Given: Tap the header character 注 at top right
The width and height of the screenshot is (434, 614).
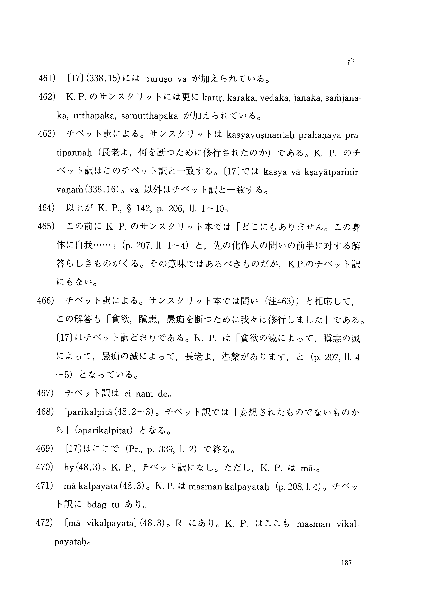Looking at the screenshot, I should [x=351, y=62].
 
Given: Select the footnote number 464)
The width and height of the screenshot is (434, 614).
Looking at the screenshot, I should [x=47, y=208].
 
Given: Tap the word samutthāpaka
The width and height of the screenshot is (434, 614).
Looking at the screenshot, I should [x=150, y=116].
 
